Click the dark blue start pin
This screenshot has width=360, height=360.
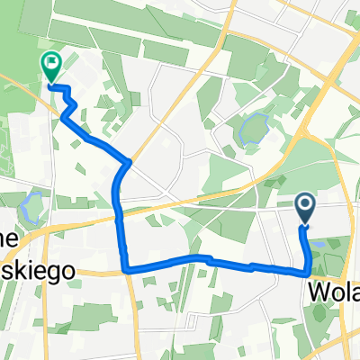coord(305,210)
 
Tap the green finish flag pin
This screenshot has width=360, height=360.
coord(50,66)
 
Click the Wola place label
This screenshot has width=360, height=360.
coord(335,292)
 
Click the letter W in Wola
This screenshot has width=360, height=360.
coord(319,292)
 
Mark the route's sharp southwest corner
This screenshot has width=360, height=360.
coord(125,268)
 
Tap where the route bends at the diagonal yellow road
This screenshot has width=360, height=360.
coord(129,162)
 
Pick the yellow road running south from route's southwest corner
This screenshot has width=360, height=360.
coord(131,315)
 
